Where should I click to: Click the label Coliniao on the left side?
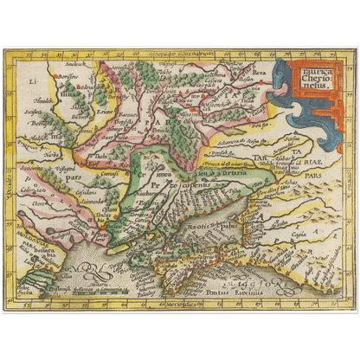pos(34,190)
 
